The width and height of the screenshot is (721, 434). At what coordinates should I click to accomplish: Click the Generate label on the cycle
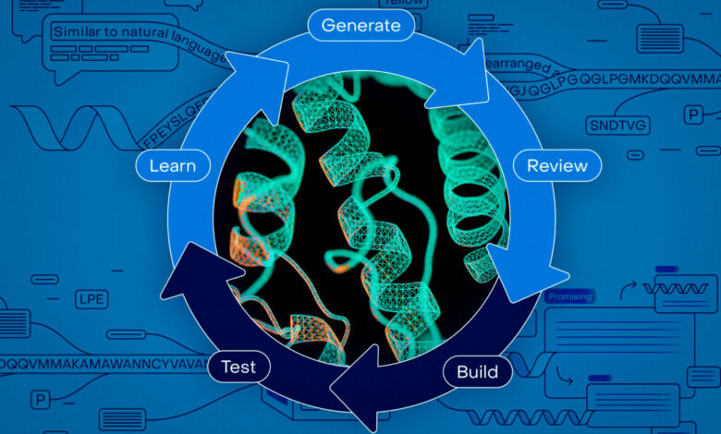tap(360, 25)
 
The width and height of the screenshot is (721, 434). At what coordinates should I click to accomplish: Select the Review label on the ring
tap(556, 166)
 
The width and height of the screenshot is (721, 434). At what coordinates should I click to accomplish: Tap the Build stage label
tap(477, 373)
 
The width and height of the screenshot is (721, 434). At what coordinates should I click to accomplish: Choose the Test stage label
tap(238, 367)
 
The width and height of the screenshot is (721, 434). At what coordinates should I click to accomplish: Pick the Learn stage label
tap(172, 166)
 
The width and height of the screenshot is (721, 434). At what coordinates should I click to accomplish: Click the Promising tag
tap(568, 297)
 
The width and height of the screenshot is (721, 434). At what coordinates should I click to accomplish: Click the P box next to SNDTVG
tap(692, 115)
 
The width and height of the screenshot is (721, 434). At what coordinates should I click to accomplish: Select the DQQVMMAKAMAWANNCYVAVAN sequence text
tap(102, 363)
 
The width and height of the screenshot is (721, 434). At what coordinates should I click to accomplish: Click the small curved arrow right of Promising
tap(628, 292)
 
